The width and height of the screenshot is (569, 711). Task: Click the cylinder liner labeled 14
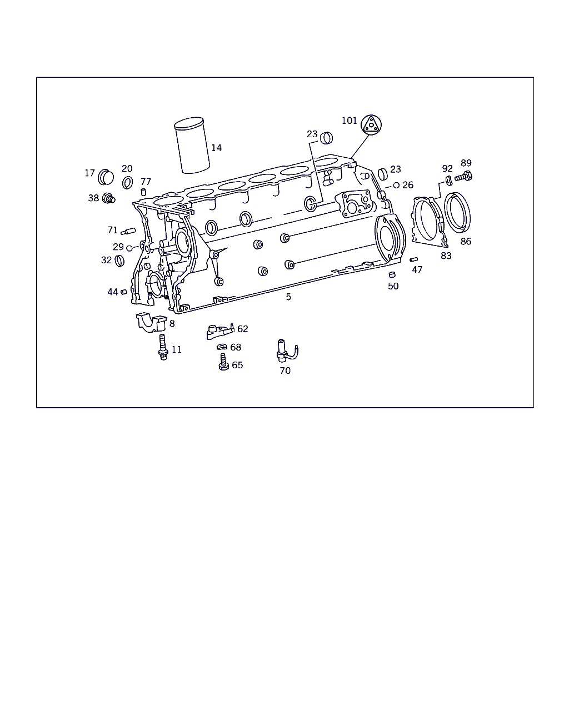click(192, 146)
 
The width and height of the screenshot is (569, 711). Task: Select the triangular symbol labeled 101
click(371, 125)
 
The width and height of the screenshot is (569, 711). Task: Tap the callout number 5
click(288, 297)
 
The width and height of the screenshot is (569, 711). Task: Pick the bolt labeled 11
click(163, 347)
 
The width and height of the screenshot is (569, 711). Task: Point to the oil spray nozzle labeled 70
click(286, 351)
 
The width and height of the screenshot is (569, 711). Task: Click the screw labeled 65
click(223, 362)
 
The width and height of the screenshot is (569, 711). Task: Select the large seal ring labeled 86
click(457, 213)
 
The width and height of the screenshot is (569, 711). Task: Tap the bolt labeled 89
click(463, 177)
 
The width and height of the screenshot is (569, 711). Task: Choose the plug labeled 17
click(106, 177)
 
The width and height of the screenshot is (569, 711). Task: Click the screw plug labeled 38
click(108, 198)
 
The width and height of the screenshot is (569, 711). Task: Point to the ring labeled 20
click(127, 182)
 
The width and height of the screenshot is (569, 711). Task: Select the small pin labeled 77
click(143, 192)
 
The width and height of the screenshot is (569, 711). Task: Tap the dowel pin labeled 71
click(128, 231)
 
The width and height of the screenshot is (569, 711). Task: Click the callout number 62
click(243, 329)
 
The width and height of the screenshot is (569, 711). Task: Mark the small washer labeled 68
click(222, 347)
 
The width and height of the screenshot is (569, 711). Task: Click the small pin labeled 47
click(413, 259)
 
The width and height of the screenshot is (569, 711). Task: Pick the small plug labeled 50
click(392, 274)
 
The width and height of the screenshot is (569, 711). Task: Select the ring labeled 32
click(119, 261)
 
